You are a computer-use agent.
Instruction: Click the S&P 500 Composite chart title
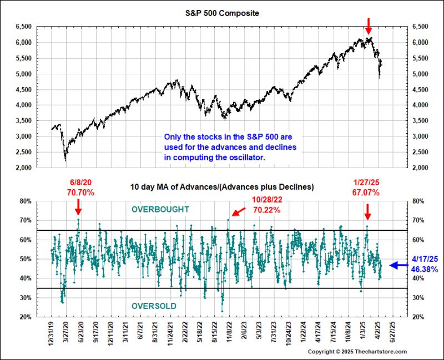coord(222,12)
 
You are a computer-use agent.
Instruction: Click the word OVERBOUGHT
coord(160,210)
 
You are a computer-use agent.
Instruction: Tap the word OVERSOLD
coord(154,306)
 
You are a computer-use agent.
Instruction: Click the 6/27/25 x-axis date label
coord(393,332)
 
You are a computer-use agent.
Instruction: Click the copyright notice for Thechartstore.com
coord(357,352)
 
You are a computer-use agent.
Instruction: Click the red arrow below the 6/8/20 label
coord(78,207)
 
